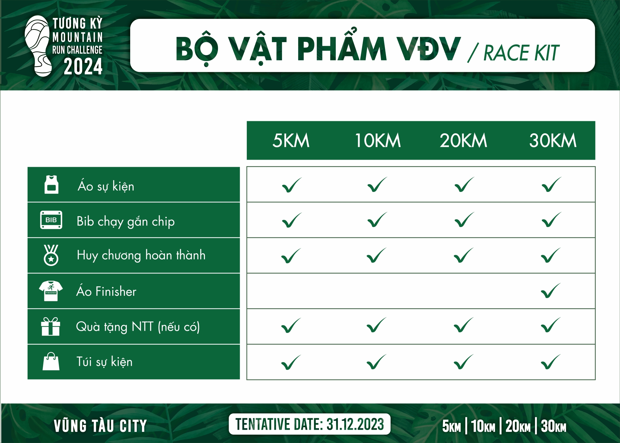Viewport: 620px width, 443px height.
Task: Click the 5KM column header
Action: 291,140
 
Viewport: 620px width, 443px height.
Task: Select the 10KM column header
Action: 378,140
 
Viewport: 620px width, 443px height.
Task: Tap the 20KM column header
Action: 463,140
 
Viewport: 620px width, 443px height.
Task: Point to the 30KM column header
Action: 553,140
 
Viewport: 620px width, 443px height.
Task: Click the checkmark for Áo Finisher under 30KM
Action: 551,291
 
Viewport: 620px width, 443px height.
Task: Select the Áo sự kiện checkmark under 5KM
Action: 292,185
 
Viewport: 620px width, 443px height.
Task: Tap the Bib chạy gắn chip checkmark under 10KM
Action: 377,220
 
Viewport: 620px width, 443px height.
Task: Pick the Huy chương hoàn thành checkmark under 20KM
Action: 463,255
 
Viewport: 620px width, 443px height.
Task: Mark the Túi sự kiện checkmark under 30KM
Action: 551,362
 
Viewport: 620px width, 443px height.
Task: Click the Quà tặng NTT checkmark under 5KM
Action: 291,326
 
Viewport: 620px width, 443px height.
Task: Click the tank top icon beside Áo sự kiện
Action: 51,185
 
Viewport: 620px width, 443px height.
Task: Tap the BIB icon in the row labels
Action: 51,220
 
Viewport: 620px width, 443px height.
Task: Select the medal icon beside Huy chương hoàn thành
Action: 51,255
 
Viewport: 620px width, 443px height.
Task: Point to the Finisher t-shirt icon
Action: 51,291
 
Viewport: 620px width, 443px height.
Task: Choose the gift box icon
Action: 50,326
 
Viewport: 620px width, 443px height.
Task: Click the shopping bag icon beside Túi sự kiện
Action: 51,361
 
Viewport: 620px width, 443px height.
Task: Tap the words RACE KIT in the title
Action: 521,53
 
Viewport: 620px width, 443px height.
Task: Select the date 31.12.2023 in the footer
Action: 355,424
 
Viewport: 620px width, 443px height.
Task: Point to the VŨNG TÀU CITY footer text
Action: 100,426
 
